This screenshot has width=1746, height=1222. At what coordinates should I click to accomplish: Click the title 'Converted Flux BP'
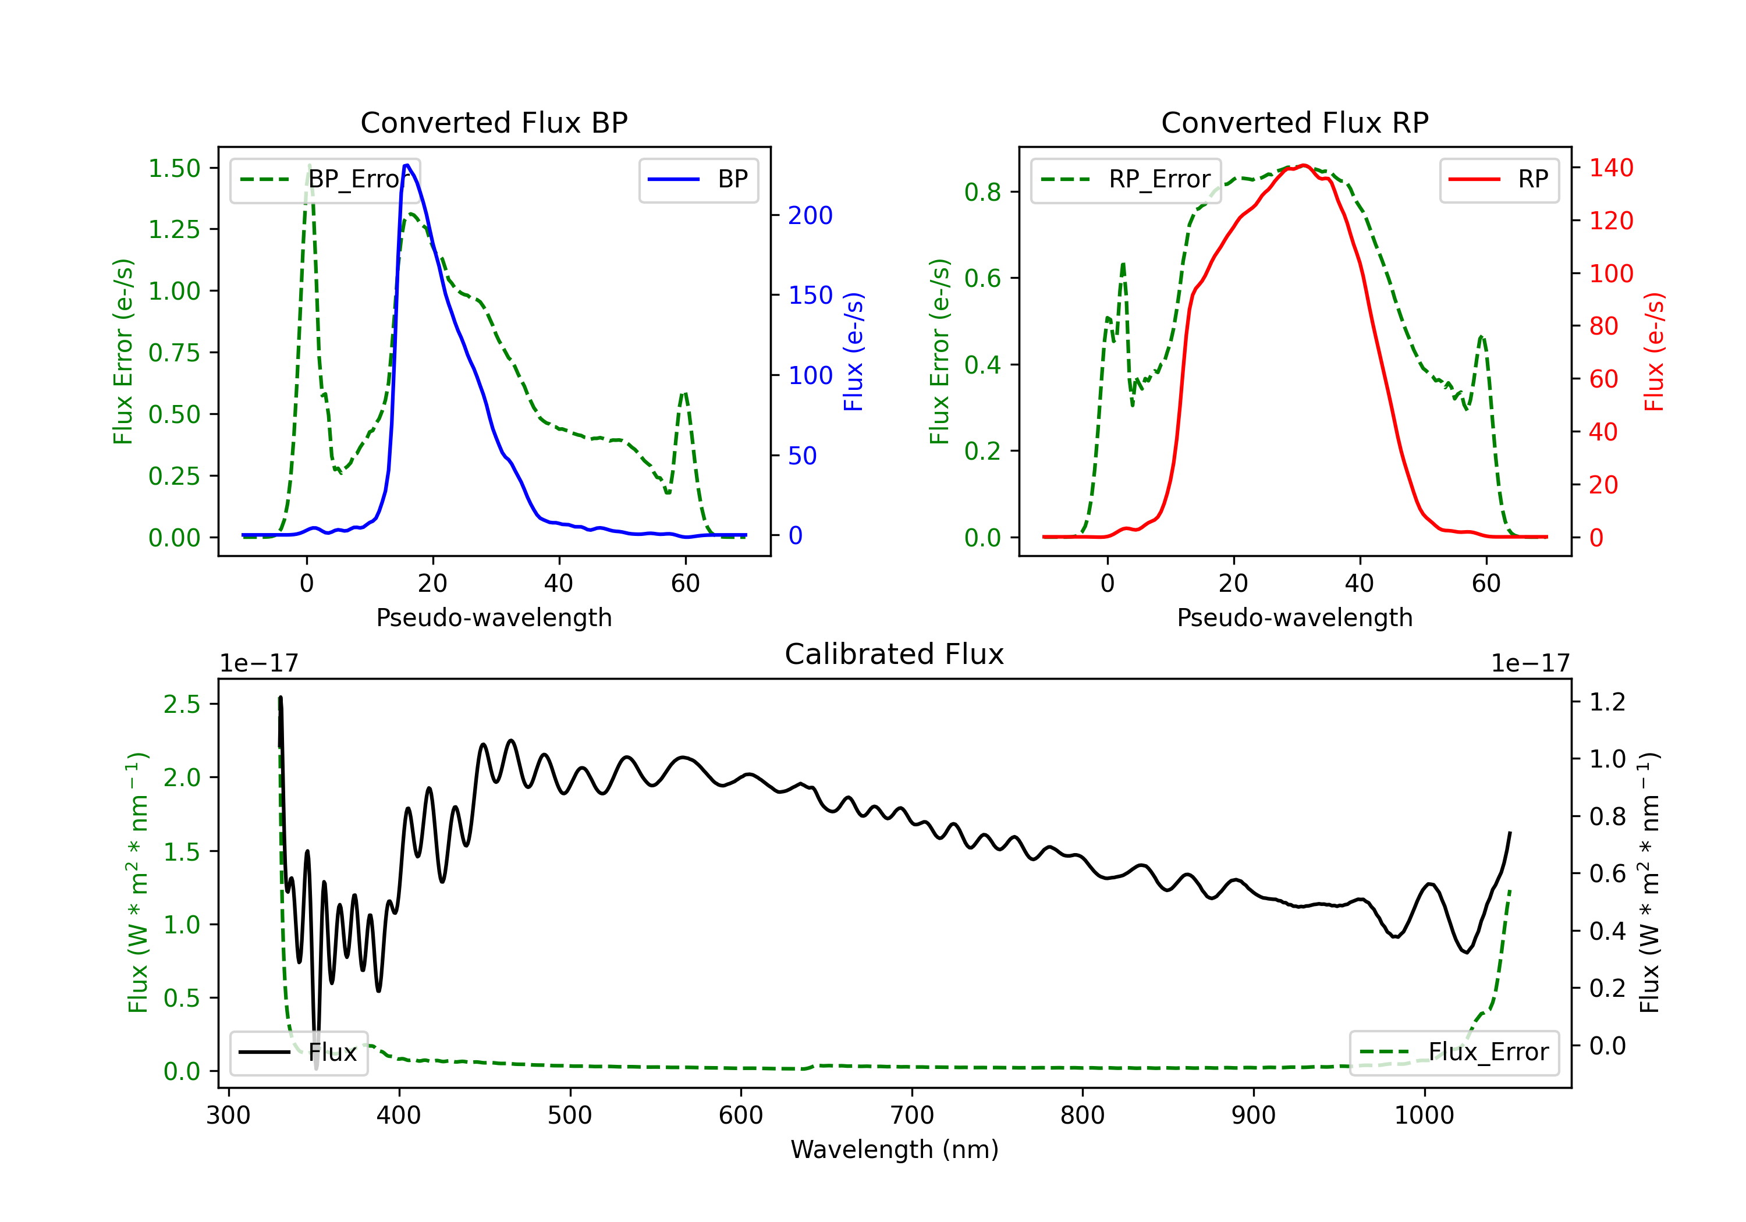tap(494, 122)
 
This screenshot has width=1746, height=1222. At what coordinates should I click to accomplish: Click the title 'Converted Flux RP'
tap(1294, 122)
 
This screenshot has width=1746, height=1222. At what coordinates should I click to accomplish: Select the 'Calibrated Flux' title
tap(895, 654)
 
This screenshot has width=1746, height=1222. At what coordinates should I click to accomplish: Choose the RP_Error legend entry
tap(1126, 179)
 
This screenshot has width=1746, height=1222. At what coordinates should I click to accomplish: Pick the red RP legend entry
tap(1499, 179)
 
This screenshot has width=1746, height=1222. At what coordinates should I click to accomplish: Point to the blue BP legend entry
tap(698, 179)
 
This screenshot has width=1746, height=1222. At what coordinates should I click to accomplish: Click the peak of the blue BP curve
tap(407, 165)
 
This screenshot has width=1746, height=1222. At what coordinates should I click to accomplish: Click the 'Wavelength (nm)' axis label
tap(895, 1149)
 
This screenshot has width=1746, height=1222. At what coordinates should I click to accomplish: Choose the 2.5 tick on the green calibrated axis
tap(182, 704)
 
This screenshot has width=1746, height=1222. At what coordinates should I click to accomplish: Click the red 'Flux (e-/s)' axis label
tap(1654, 351)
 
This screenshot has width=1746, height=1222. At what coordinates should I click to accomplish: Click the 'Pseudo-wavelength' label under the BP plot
tap(494, 617)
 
